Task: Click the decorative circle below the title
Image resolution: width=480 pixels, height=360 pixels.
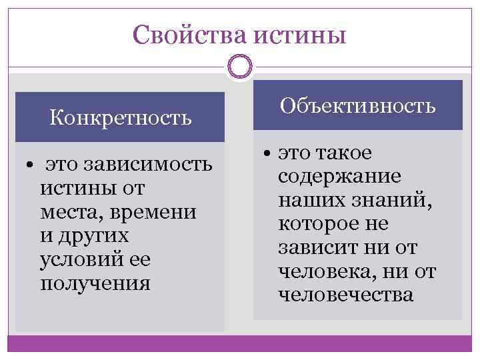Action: point(240,67)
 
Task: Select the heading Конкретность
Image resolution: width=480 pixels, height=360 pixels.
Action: point(121,118)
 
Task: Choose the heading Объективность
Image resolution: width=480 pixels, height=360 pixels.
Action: point(359,105)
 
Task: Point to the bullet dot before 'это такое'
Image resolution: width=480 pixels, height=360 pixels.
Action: point(266,154)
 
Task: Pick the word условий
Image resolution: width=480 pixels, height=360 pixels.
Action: point(81,259)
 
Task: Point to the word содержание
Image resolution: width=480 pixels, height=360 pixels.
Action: point(339,177)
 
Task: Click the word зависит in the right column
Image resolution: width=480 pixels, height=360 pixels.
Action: point(317,247)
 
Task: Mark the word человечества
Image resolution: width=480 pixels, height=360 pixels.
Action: point(346,295)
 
